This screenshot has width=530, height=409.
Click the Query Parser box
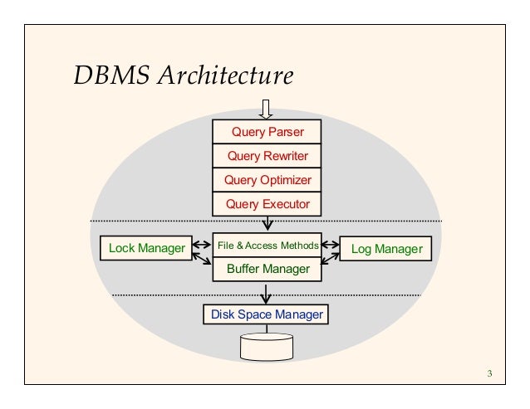pyautogui.click(x=267, y=132)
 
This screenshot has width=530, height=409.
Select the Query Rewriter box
pyautogui.click(x=267, y=156)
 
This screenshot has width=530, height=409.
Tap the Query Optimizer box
pyautogui.click(x=267, y=180)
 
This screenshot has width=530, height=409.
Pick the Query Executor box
pyautogui.click(x=267, y=204)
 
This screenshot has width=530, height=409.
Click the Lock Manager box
pyautogui.click(x=141, y=247)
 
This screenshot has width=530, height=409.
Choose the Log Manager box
pyautogui.click(x=386, y=248)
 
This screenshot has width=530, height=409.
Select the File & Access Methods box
pyautogui.click(x=267, y=246)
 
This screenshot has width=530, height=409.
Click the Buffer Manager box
pyautogui.click(x=267, y=270)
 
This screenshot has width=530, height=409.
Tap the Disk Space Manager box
pyautogui.click(x=266, y=315)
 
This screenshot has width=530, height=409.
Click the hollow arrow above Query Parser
pyautogui.click(x=267, y=110)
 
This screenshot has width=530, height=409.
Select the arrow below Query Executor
pyautogui.click(x=267, y=223)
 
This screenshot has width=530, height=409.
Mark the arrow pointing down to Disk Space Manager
pyautogui.click(x=266, y=294)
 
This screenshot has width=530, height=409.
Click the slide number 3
pyautogui.click(x=490, y=372)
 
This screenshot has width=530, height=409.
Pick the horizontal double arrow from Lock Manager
pyautogui.click(x=199, y=246)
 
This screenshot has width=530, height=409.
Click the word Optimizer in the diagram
pyautogui.click(x=284, y=180)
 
